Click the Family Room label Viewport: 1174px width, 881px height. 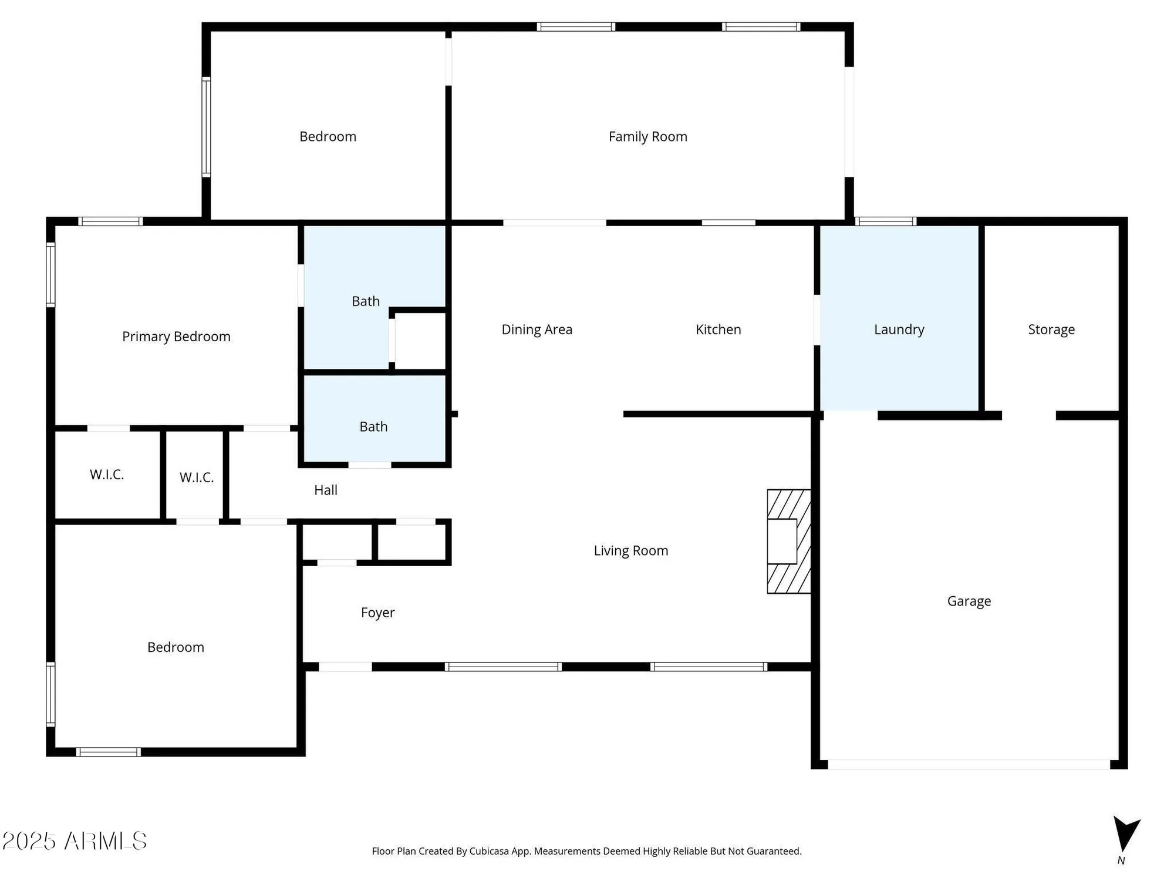(x=647, y=137)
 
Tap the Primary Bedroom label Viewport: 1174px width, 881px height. (x=176, y=337)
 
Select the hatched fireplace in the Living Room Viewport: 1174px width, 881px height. (x=789, y=541)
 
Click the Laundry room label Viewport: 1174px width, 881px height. (x=899, y=329)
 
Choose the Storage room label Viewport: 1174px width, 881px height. (x=1051, y=329)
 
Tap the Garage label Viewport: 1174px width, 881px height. (x=969, y=601)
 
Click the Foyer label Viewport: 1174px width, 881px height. (x=377, y=613)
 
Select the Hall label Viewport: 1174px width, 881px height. (x=325, y=490)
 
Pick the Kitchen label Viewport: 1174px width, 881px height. (x=718, y=329)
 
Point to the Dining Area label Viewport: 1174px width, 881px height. (x=537, y=329)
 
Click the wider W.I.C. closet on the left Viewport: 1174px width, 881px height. (x=107, y=475)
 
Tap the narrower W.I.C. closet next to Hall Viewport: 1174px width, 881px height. (x=196, y=478)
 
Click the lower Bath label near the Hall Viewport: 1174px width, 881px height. (x=373, y=426)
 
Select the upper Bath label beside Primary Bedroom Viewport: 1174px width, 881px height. (x=365, y=301)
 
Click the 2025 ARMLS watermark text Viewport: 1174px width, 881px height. (x=75, y=841)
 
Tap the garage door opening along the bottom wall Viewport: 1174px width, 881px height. (x=969, y=764)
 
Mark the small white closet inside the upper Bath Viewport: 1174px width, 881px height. (x=420, y=341)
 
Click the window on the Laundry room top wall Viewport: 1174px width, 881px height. (x=886, y=221)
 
